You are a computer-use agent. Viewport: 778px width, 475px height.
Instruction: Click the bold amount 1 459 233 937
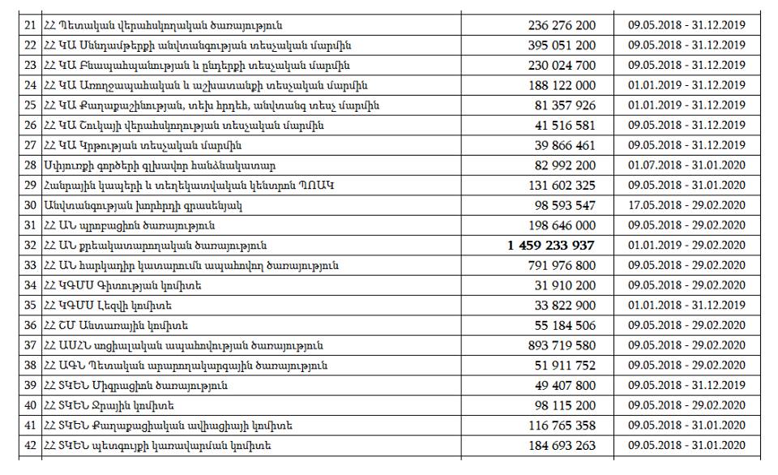pos(551,246)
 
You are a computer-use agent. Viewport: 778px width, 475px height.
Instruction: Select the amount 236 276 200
pos(561,26)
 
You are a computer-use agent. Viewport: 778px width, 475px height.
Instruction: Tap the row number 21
pos(31,26)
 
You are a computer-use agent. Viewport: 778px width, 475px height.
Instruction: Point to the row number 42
pos(31,445)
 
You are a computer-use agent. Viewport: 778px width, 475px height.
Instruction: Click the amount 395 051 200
pos(561,45)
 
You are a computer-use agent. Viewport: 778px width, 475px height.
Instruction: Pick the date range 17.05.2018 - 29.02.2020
pos(686,206)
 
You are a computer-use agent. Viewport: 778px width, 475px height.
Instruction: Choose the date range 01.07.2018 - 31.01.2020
pos(686,165)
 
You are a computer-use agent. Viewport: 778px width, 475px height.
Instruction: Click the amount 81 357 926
pos(565,105)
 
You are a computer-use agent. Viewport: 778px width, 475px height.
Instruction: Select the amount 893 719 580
pos(561,345)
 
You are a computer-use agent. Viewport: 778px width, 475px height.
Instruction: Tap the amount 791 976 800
pos(561,266)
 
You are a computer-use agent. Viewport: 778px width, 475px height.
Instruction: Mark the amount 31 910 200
pos(565,285)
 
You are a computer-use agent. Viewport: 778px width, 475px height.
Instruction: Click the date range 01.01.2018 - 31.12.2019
pos(686,306)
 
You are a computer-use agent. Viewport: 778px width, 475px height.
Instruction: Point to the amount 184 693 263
pos(561,445)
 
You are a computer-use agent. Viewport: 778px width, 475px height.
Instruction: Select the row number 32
pos(31,246)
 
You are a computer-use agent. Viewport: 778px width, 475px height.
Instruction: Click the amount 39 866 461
pos(565,146)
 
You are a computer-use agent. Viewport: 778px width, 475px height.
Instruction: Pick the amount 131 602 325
pos(561,186)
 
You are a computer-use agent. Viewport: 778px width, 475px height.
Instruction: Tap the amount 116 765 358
pos(561,426)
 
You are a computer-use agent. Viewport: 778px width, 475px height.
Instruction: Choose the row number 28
pos(31,165)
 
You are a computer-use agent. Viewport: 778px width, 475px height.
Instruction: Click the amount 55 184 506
pos(565,326)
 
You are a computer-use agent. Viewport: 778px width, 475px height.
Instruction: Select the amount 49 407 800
pos(565,385)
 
